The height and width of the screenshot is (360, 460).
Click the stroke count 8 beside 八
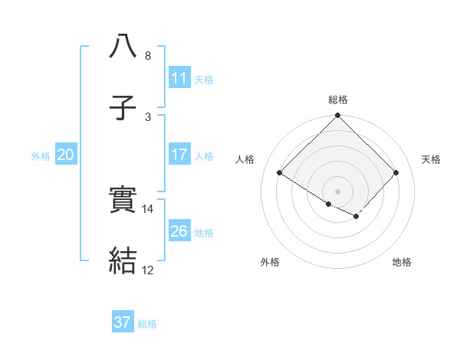click(x=148, y=56)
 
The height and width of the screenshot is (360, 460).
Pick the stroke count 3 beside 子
click(x=148, y=116)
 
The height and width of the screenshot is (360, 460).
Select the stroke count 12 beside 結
click(x=148, y=270)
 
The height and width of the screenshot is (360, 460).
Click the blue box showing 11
click(x=179, y=78)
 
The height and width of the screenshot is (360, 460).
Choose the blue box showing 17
click(x=179, y=155)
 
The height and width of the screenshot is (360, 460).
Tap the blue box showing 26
click(x=179, y=231)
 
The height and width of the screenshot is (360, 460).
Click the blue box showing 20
click(x=66, y=155)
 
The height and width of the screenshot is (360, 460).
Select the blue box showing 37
click(x=123, y=322)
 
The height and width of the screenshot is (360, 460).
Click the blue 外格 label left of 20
click(x=41, y=156)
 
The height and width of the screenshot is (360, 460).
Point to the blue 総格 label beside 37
click(x=147, y=324)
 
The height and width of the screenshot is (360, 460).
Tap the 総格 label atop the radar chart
click(x=338, y=100)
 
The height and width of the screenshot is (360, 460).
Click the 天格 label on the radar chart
click(x=432, y=159)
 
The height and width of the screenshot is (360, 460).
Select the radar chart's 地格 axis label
click(x=402, y=263)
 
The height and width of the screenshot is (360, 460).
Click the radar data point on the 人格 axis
click(x=280, y=173)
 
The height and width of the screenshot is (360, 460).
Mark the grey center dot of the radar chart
click(x=338, y=191)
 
